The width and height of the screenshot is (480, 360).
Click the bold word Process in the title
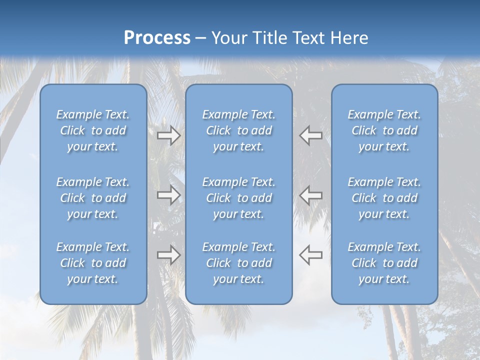tap(157, 38)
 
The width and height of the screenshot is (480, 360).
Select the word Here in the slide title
tap(349, 38)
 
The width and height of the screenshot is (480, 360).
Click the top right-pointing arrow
tap(169, 135)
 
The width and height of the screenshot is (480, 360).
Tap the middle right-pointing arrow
tap(169, 194)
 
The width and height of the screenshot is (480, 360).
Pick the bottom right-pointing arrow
tap(169, 255)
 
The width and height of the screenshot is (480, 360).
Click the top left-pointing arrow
tap(310, 135)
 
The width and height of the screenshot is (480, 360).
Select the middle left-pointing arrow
tap(310, 194)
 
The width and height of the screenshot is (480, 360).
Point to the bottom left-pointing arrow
tap(310, 255)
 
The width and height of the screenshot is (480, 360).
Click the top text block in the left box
tap(93, 130)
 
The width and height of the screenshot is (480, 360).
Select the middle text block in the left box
tap(93, 198)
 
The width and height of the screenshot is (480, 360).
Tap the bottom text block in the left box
tap(93, 263)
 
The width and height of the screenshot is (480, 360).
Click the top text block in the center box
tap(239, 130)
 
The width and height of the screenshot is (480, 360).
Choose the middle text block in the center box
tap(239, 198)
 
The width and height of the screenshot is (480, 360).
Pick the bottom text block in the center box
tap(239, 263)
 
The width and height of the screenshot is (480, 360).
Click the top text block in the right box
tap(384, 130)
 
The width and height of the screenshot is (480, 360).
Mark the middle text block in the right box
tap(384, 198)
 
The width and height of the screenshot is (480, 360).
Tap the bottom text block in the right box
tap(384, 263)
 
